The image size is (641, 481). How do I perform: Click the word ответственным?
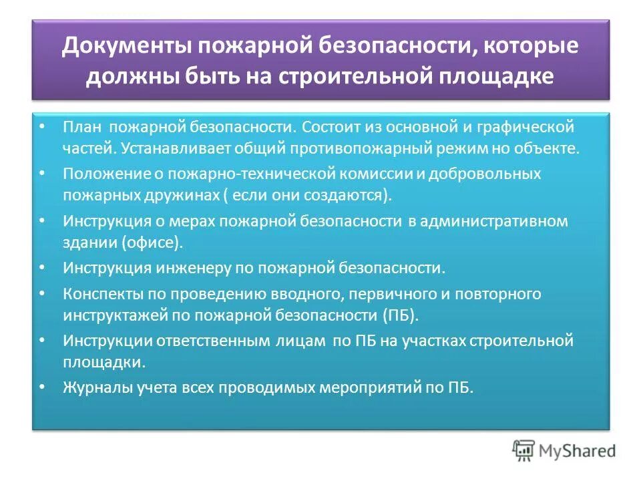pos(215,341)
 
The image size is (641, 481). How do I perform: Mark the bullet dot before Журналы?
pos(43,387)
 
